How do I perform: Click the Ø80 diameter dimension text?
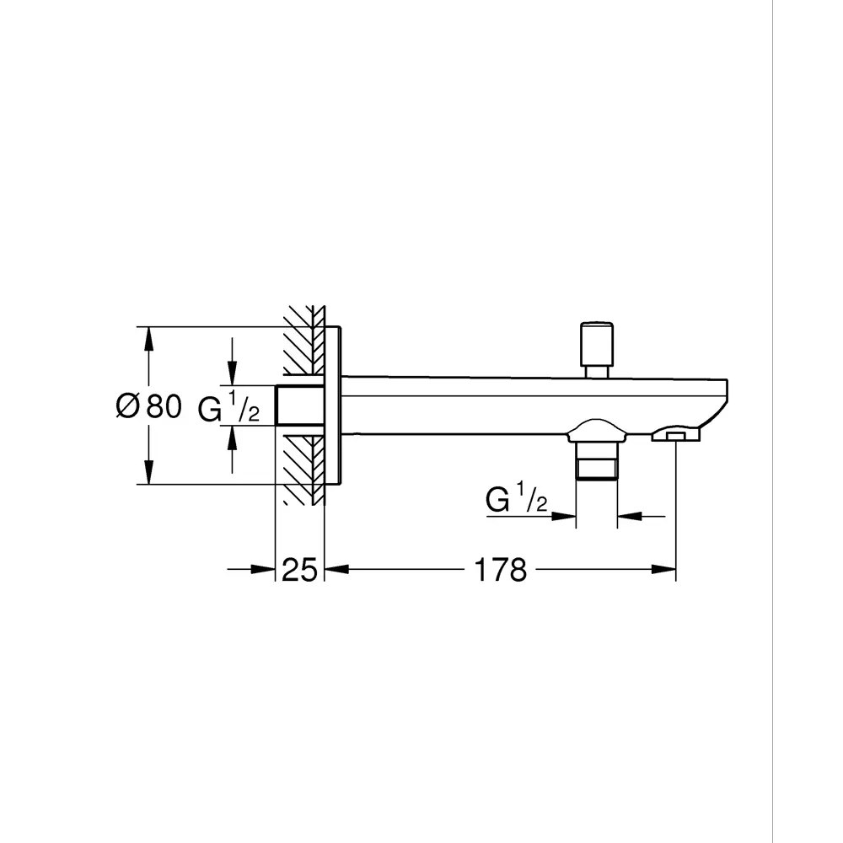click(148, 407)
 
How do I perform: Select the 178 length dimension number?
click(500, 571)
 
